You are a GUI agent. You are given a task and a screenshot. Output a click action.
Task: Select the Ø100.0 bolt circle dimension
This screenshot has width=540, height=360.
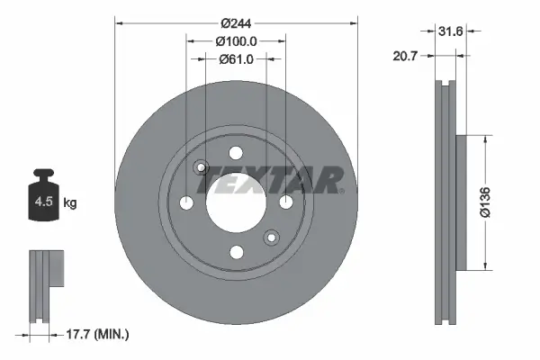pyautogui.click(x=236, y=40)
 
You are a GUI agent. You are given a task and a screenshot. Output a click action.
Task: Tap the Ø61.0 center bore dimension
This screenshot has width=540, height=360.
pyautogui.click(x=236, y=59)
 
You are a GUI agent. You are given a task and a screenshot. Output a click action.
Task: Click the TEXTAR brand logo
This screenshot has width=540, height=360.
pyautogui.click(x=270, y=180)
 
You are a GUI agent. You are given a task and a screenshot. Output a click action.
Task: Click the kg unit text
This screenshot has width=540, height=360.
pyautogui.click(x=70, y=203)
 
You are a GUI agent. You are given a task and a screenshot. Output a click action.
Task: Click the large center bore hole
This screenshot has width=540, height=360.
pyautogui.click(x=236, y=202)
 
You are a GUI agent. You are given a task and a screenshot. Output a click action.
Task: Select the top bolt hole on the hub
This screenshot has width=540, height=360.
pyautogui.click(x=236, y=153)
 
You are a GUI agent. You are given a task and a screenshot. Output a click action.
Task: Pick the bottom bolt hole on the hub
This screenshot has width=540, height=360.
pyautogui.click(x=236, y=252)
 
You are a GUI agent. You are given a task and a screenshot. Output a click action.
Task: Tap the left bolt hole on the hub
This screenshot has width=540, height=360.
pyautogui.click(x=186, y=202)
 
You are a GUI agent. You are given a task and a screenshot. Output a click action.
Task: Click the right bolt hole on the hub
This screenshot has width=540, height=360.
pyautogui.click(x=285, y=202)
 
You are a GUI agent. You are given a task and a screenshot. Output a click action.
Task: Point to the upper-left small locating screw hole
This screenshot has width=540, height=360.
pyautogui.click(x=202, y=167)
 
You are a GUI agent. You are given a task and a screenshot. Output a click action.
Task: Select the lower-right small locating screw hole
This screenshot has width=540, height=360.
pyautogui.click(x=270, y=238)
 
